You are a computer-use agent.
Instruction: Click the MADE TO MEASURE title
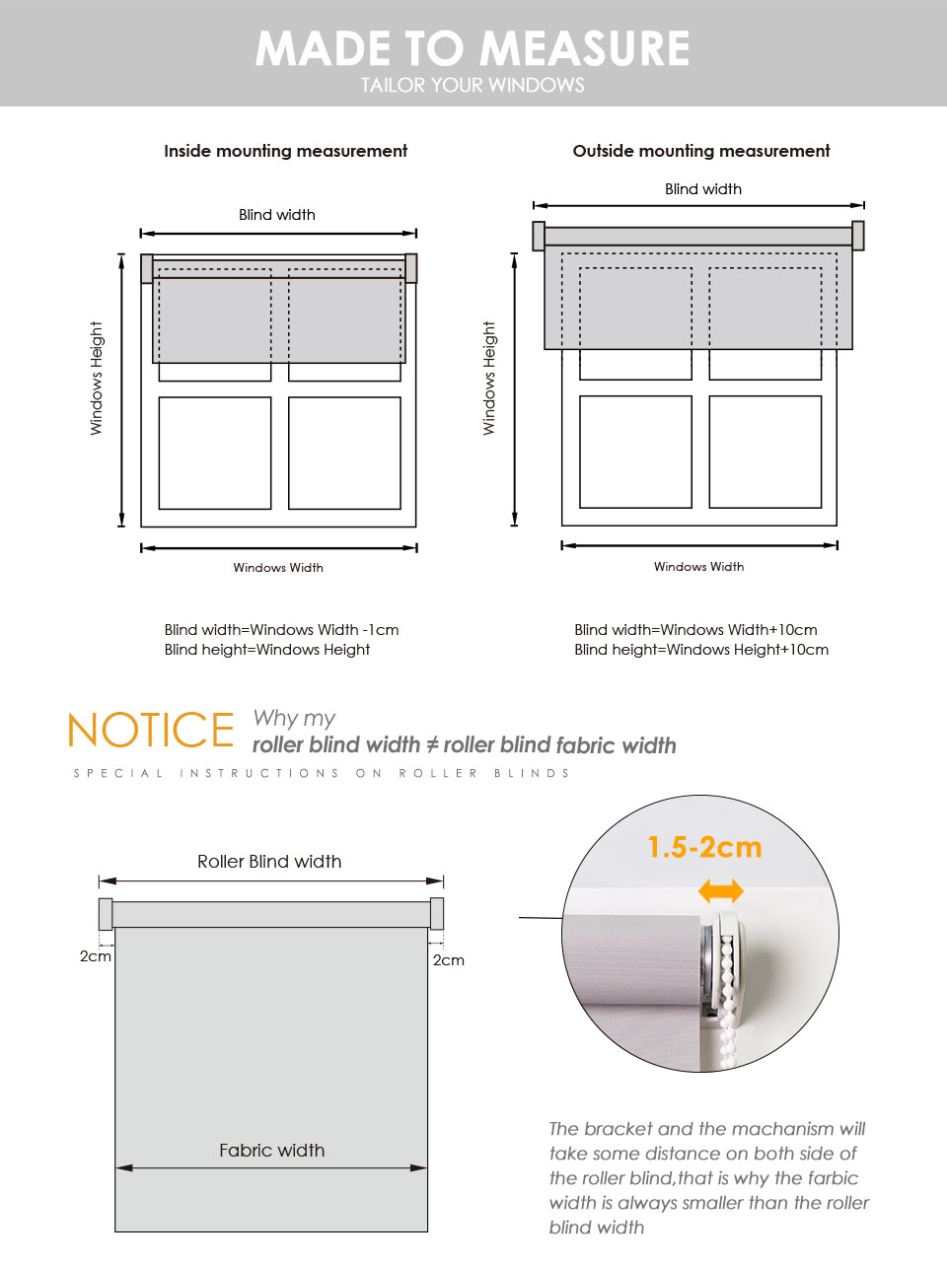(473, 48)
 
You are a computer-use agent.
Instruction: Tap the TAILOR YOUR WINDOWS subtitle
(473, 86)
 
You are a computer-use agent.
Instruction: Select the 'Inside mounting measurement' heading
(285, 151)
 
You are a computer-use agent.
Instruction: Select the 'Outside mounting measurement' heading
(701, 151)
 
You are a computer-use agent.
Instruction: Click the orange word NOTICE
(151, 731)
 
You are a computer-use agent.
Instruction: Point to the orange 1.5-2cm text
(704, 847)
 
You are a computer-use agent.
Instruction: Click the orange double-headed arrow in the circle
(721, 891)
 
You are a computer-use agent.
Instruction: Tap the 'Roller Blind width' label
(269, 862)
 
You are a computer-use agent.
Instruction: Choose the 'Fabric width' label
(271, 1151)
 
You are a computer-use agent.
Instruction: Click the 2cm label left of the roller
(95, 956)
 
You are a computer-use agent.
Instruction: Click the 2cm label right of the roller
(449, 960)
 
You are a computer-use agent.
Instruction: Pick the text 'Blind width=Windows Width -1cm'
(281, 630)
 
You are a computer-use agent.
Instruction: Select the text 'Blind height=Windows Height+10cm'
(701, 650)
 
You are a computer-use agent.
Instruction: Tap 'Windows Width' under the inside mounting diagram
(278, 568)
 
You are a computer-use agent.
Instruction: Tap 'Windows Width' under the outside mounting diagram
(698, 567)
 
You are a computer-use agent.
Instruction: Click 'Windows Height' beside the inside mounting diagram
(97, 378)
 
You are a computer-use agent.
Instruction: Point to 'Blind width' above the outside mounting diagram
(703, 189)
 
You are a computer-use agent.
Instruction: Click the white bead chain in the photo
(729, 996)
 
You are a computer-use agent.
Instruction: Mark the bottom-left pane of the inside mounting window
(215, 453)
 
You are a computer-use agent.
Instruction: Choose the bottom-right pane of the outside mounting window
(765, 452)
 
